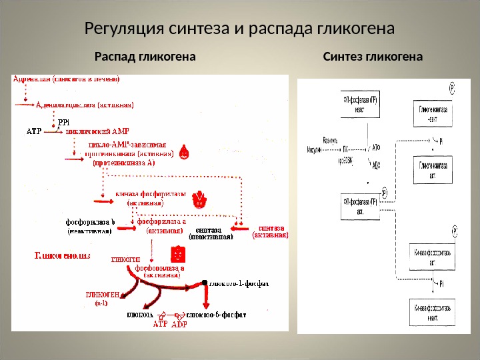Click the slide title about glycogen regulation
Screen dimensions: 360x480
(x=240, y=29)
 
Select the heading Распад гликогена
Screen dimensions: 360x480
(x=145, y=57)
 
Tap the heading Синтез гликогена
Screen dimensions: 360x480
(x=373, y=57)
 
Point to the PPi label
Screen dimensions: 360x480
(x=63, y=123)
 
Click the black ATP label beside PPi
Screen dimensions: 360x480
(x=33, y=131)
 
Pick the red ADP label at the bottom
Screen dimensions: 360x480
(x=179, y=325)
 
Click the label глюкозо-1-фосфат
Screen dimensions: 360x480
(x=238, y=283)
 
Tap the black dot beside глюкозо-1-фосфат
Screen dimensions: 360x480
(x=205, y=283)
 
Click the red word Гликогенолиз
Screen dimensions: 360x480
(x=62, y=255)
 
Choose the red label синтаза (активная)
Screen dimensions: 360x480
(x=271, y=230)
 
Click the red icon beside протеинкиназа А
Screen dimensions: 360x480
(x=185, y=152)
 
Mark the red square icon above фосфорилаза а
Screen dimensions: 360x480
(x=177, y=254)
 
